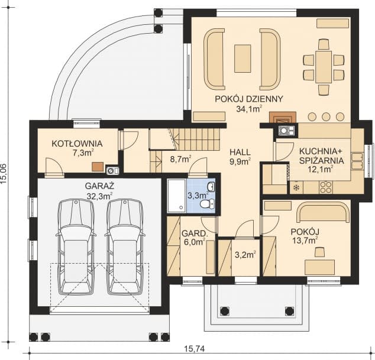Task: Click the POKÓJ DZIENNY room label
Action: (249, 99)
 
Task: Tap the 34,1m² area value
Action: (249, 109)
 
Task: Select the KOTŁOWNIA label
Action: (77, 144)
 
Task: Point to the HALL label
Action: (240, 152)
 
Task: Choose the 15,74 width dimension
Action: (195, 349)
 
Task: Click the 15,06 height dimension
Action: (4, 174)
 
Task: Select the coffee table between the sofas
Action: (243, 59)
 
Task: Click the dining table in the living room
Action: (324, 67)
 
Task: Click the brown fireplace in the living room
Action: (283, 117)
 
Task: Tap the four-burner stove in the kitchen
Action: (326, 187)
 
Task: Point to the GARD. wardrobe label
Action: (194, 233)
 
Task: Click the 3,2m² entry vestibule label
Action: (245, 255)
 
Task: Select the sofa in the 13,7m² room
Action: (323, 212)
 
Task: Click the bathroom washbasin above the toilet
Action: (211, 186)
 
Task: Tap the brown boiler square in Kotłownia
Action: (98, 167)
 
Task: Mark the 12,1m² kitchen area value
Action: (321, 170)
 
